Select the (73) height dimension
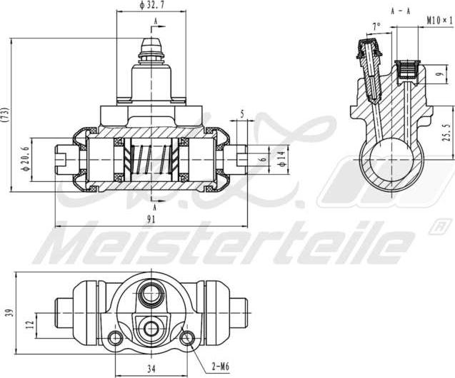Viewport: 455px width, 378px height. (x=6, y=113)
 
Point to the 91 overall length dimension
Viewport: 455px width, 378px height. (x=151, y=220)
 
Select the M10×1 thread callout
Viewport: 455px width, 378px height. (x=439, y=21)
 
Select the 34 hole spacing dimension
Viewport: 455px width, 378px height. (x=151, y=369)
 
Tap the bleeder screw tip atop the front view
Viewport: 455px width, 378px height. (x=151, y=43)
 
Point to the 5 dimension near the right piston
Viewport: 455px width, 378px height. (x=243, y=113)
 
